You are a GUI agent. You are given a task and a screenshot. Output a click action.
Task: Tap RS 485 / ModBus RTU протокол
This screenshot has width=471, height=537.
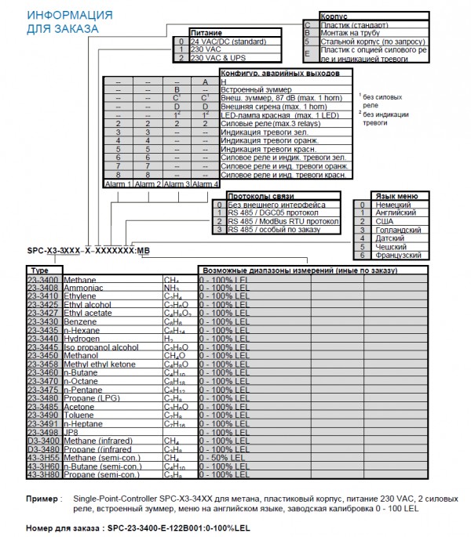click(283, 221)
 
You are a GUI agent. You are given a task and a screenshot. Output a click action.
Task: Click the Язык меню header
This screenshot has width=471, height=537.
click(393, 196)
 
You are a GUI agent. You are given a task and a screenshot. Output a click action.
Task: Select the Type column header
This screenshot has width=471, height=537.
click(38, 270)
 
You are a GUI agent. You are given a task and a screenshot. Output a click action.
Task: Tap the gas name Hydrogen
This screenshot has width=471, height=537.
click(81, 338)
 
